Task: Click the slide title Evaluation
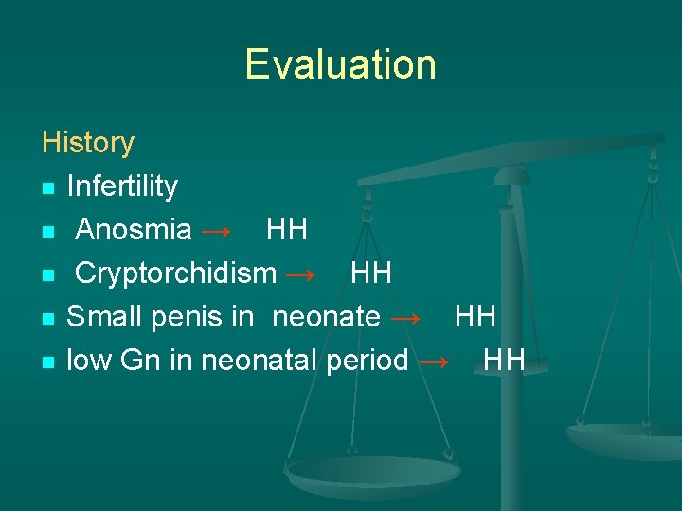340,64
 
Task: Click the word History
88,143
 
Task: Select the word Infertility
122,186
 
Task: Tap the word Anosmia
134,230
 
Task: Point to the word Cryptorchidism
175,273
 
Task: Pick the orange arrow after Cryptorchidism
300,274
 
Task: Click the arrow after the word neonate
404,318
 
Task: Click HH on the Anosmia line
287,230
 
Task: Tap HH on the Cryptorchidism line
371,273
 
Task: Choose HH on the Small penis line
476,317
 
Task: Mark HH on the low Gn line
504,361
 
